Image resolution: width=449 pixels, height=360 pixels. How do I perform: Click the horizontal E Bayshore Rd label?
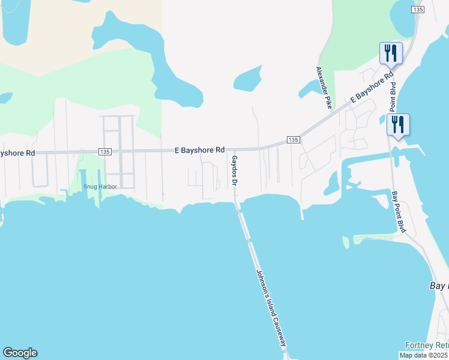[x=199, y=149]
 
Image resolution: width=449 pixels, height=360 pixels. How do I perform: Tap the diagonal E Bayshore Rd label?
[x=372, y=88]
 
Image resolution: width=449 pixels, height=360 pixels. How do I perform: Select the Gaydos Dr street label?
[x=235, y=172]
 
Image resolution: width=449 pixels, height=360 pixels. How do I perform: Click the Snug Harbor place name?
[x=100, y=186]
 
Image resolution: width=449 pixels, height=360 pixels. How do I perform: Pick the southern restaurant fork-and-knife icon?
[x=397, y=125]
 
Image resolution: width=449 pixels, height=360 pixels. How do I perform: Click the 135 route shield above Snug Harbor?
[x=105, y=152]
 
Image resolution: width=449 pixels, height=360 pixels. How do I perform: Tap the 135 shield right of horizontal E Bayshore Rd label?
[x=292, y=140]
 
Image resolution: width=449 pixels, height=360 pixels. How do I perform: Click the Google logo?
[x=20, y=353]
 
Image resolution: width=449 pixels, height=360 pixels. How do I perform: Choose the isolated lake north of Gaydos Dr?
[x=246, y=79]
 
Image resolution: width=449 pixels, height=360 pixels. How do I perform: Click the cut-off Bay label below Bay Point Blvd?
[x=439, y=286]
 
